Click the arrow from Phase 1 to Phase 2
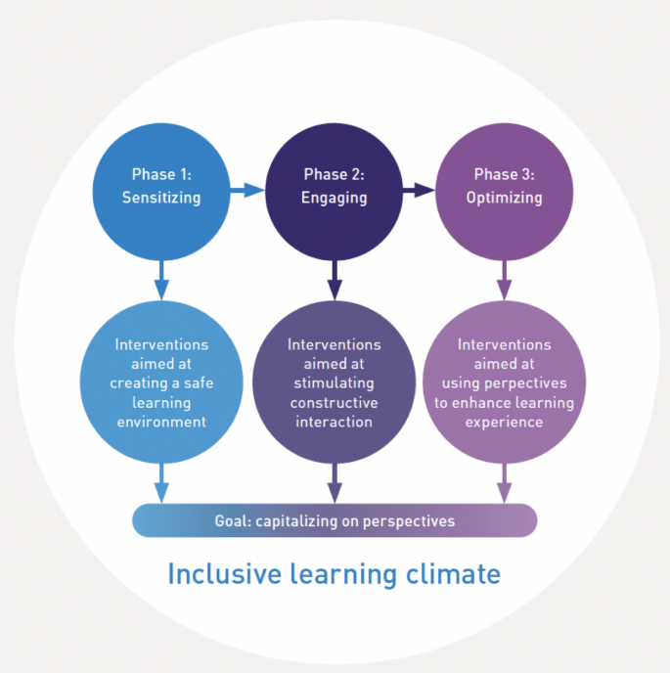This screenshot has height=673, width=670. (x=247, y=190)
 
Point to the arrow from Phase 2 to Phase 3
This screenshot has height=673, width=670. (x=419, y=190)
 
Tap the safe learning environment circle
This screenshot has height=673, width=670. (x=161, y=383)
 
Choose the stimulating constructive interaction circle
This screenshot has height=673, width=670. (x=335, y=383)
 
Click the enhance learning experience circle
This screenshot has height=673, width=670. (x=505, y=383)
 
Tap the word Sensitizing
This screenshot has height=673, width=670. (x=161, y=197)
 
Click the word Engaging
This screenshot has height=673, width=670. (x=335, y=197)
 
